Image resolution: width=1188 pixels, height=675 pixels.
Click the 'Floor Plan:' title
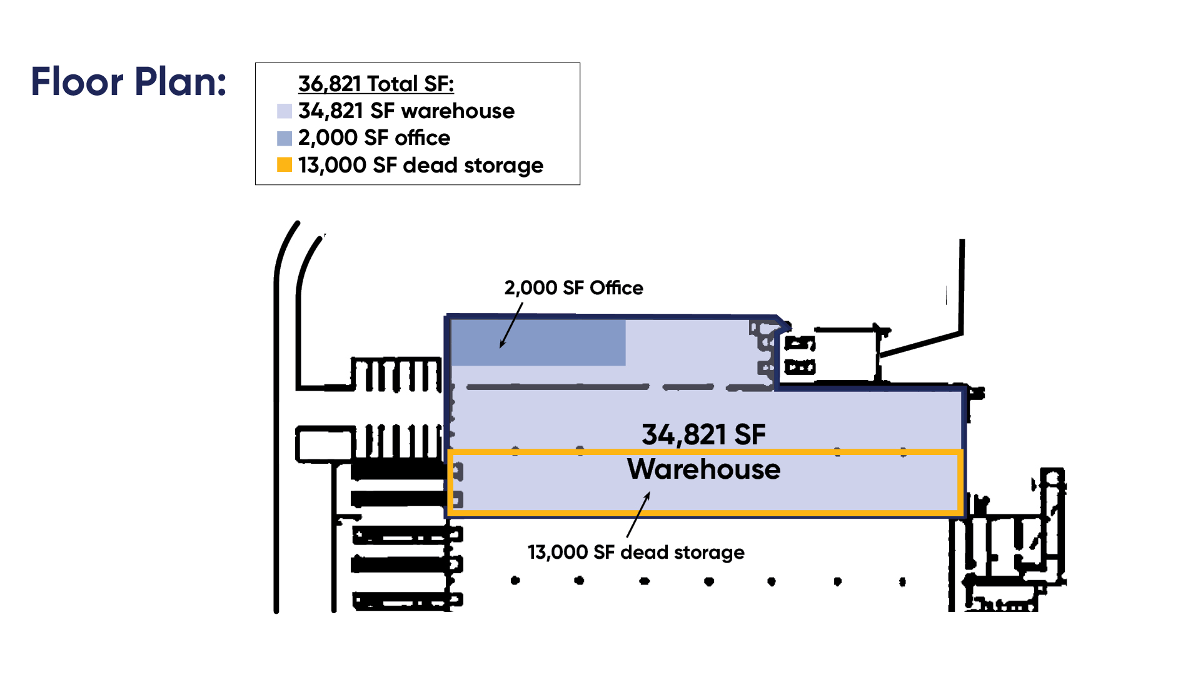pos(128,82)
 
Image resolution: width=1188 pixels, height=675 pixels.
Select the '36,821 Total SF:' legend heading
pos(376,84)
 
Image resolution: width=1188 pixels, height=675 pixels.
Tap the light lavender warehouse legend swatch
pos(284,111)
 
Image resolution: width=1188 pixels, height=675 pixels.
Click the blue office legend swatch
pos(284,138)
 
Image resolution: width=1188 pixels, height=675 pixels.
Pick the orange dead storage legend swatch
pos(284,165)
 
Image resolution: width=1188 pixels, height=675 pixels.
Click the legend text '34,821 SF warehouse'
pos(406,111)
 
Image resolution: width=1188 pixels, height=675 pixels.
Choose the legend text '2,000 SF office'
pos(374,138)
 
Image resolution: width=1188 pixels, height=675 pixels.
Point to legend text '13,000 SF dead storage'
pos(420,166)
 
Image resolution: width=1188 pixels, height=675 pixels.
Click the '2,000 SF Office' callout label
pos(573,288)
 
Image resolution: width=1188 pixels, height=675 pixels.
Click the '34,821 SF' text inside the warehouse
pos(703,435)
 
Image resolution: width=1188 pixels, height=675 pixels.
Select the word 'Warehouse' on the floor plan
pos(703,469)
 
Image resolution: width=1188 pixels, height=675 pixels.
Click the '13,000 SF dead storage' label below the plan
pos(636,552)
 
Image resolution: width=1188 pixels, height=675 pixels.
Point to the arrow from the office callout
pos(511,325)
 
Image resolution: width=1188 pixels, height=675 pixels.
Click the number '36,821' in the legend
pos(330,84)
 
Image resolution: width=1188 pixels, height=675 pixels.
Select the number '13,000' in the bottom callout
pos(558,552)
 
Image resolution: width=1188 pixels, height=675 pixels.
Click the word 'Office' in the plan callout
pos(616,288)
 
